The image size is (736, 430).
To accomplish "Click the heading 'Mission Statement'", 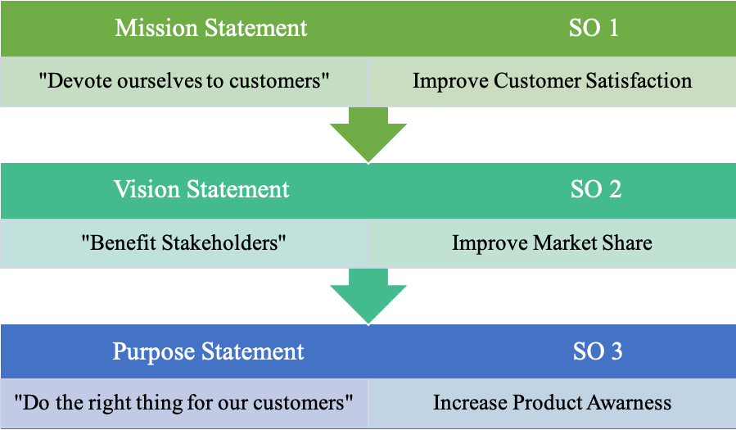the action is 210,28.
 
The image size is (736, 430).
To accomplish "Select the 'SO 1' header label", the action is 594,28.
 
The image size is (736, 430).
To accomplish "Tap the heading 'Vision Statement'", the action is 201,189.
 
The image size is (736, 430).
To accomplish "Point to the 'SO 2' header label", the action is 596,189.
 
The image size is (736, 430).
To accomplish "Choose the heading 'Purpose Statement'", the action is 208,351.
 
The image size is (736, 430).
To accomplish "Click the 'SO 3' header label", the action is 598,351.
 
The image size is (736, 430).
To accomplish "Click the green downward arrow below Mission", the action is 368,134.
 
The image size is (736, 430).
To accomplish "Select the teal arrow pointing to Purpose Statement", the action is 368,296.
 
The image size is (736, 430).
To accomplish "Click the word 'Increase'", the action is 470,403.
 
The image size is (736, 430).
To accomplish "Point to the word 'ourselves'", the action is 160,81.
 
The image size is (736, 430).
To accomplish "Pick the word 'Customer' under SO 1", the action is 537,80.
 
